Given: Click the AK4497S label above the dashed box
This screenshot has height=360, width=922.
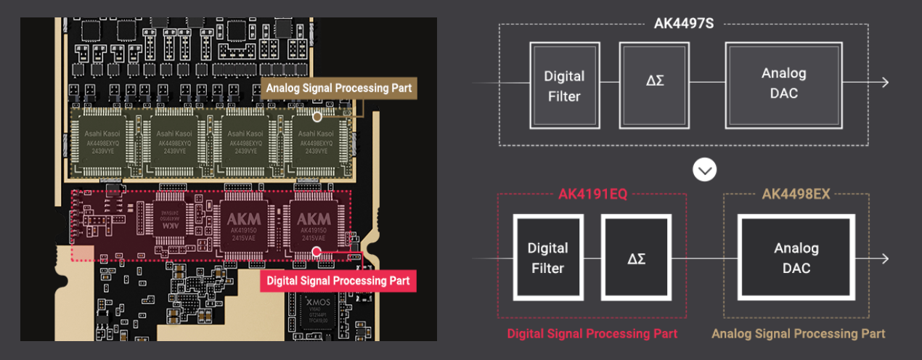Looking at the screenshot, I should (x=683, y=24).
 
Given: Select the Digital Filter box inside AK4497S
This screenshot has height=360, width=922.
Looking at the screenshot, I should (x=564, y=86).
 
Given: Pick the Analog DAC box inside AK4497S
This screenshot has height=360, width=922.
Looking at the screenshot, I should (x=783, y=83).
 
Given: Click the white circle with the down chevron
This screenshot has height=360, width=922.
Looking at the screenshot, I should (x=704, y=170).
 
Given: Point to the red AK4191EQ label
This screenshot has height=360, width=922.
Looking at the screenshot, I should (x=592, y=195).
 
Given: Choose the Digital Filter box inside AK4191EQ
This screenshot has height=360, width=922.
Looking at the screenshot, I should (x=547, y=258).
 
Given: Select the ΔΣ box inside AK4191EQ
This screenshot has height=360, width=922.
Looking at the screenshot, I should (x=636, y=258).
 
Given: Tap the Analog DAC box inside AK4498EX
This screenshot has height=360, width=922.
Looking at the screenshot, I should (x=796, y=258).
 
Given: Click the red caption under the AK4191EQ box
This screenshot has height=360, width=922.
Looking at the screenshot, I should (x=592, y=334).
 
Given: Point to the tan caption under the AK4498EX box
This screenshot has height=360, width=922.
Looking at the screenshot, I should (x=798, y=334).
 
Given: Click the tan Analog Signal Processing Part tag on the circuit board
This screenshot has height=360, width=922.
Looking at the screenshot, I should (x=338, y=88).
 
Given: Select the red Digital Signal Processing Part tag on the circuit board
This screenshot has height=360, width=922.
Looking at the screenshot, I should (x=338, y=281).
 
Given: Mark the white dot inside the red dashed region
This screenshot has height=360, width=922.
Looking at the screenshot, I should (x=317, y=252).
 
